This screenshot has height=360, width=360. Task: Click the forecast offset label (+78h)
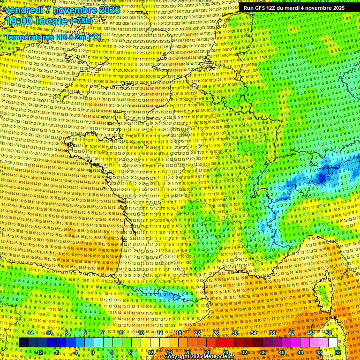tap(82, 22)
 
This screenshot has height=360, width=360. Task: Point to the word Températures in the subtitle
tap(30, 37)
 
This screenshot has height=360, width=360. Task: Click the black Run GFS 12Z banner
tap(294, 7)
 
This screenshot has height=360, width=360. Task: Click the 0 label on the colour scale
tap(92, 352)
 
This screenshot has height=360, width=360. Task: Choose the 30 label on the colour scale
tap(234, 333)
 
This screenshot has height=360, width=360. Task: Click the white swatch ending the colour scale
tap(332, 343)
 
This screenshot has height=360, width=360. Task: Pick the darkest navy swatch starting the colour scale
tap(23, 343)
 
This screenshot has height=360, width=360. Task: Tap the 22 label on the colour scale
tap(197, 333)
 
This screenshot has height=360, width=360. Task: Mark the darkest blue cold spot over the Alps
tap(322, 177)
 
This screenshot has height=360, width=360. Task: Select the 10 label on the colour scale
tap(140, 333)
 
